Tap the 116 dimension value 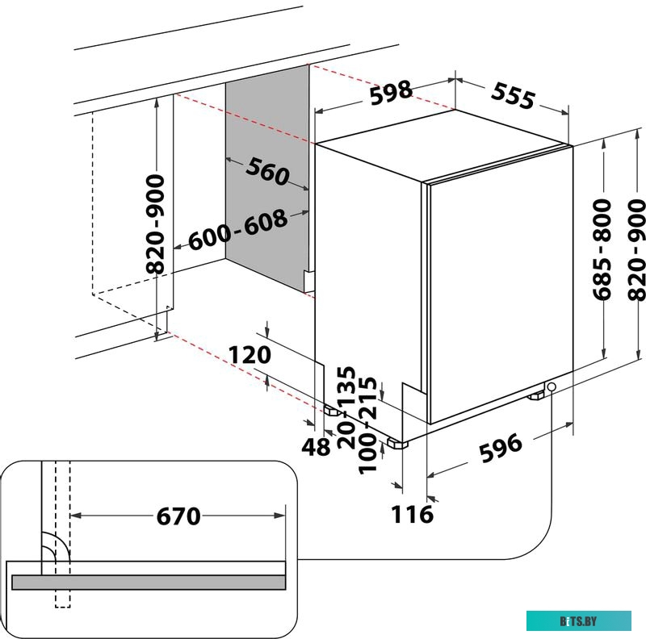pos(413,513)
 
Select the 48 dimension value pos(316,446)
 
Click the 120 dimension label pos(250,354)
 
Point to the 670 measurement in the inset pos(178,516)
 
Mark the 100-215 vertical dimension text pos(367,427)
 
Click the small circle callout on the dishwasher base pos(552,388)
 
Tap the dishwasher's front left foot pos(396,442)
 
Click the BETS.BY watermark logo pos(578,620)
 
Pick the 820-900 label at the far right pos(637,249)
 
